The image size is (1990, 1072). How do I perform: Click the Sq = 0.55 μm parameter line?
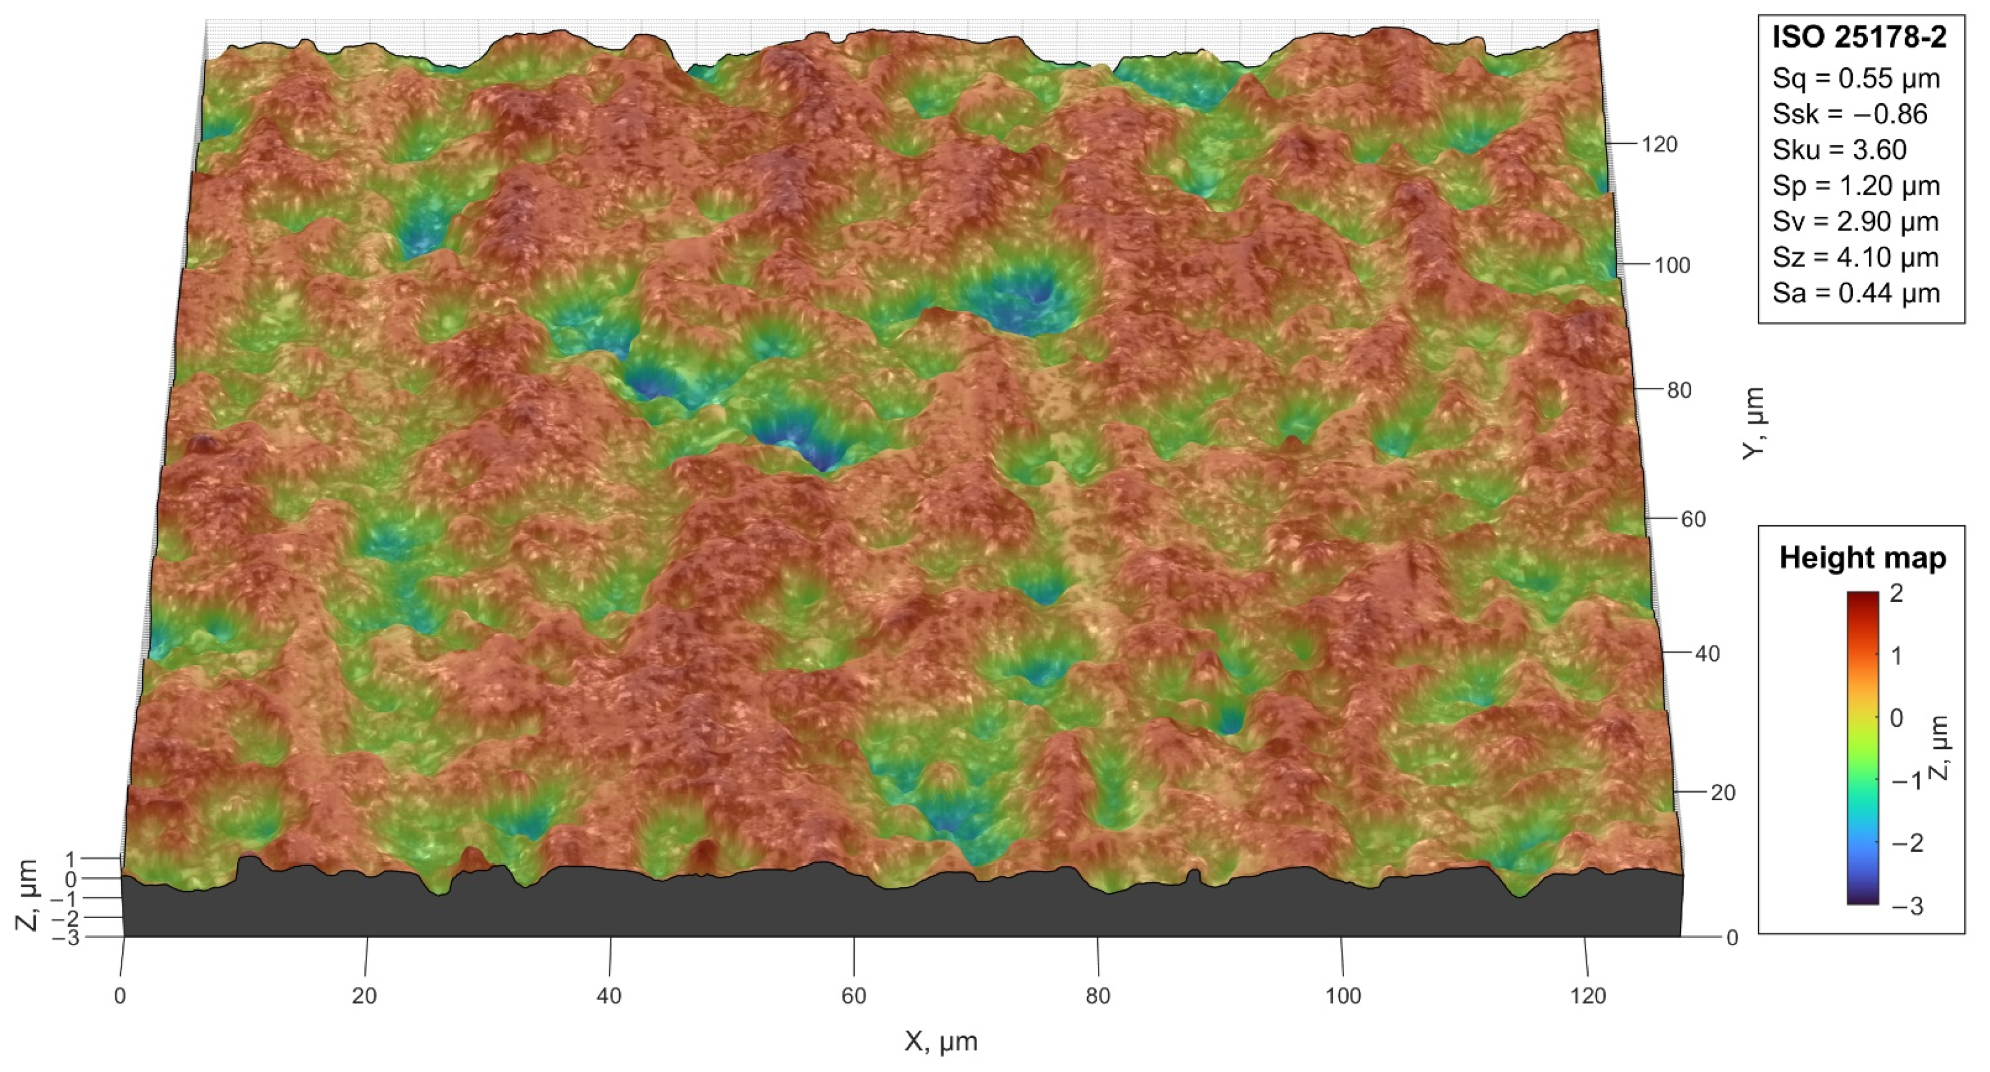point(1856,79)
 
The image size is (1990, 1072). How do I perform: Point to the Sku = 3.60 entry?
point(1839,150)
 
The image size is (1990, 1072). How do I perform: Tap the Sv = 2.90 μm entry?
point(1856,222)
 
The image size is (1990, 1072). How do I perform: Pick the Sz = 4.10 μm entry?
point(1856,258)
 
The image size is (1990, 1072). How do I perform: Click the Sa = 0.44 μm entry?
point(1856,294)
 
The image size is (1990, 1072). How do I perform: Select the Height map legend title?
point(1862,557)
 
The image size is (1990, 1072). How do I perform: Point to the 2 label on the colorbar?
point(1896,594)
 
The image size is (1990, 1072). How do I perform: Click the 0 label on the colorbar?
point(1896,718)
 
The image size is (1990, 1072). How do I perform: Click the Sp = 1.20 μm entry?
point(1856,186)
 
